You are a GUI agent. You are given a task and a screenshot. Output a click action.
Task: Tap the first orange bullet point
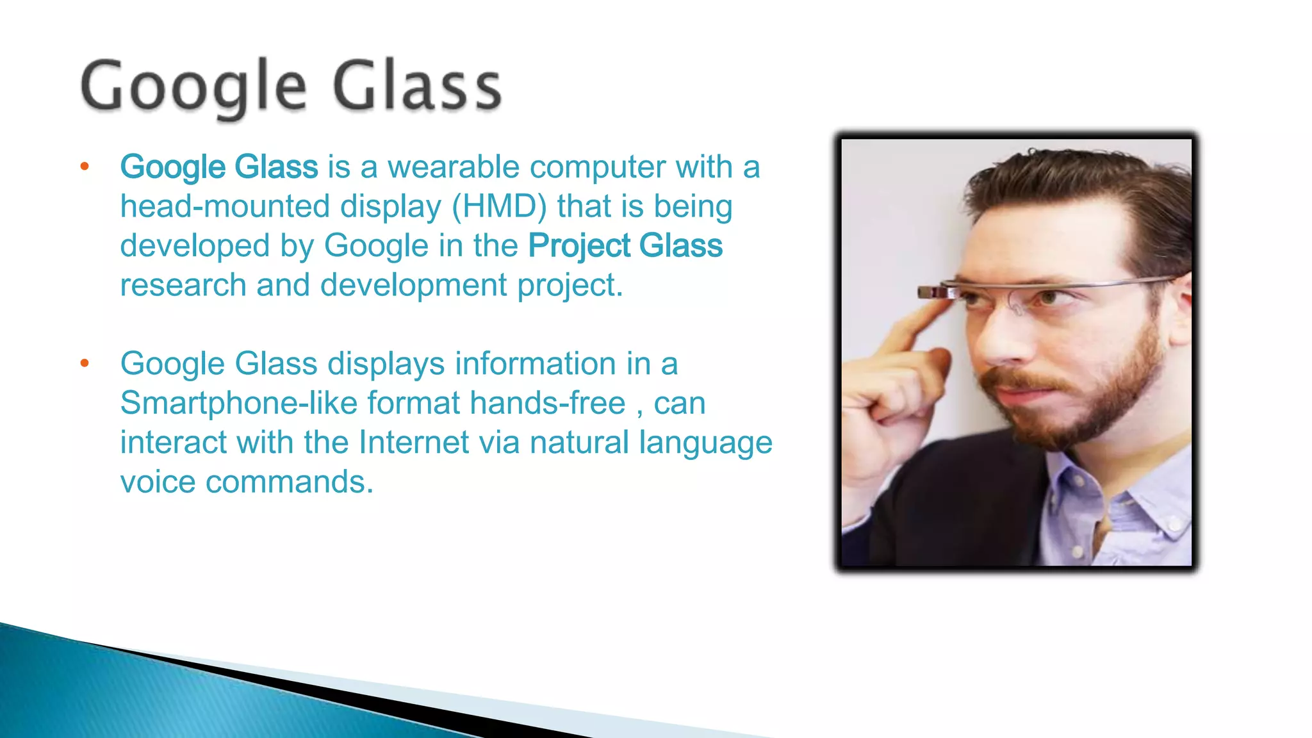pos(85,168)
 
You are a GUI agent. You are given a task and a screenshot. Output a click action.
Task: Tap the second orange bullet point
pos(85,364)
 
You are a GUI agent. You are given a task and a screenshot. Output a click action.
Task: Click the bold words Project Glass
pos(625,246)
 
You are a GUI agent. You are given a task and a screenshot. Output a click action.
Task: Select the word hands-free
pos(547,404)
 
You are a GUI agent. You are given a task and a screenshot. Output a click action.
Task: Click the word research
pos(183,286)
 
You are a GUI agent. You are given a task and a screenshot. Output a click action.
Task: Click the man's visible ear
pos(1183,307)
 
